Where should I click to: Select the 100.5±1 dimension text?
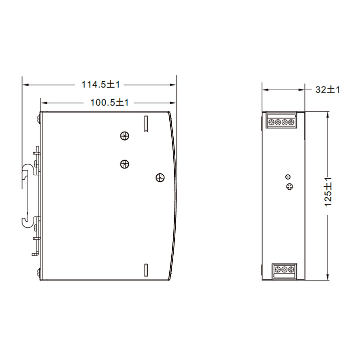pos(110,103)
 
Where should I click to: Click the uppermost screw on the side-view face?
pos(125,135)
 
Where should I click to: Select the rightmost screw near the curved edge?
pos(160,177)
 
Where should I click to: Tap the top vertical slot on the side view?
pos(146,123)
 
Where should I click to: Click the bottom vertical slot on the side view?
pos(146,270)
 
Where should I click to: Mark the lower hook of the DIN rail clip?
pos(27,221)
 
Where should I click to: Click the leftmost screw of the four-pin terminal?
pos(271,122)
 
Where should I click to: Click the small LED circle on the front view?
pos(288,177)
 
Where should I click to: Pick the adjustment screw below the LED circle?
pos(288,187)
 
